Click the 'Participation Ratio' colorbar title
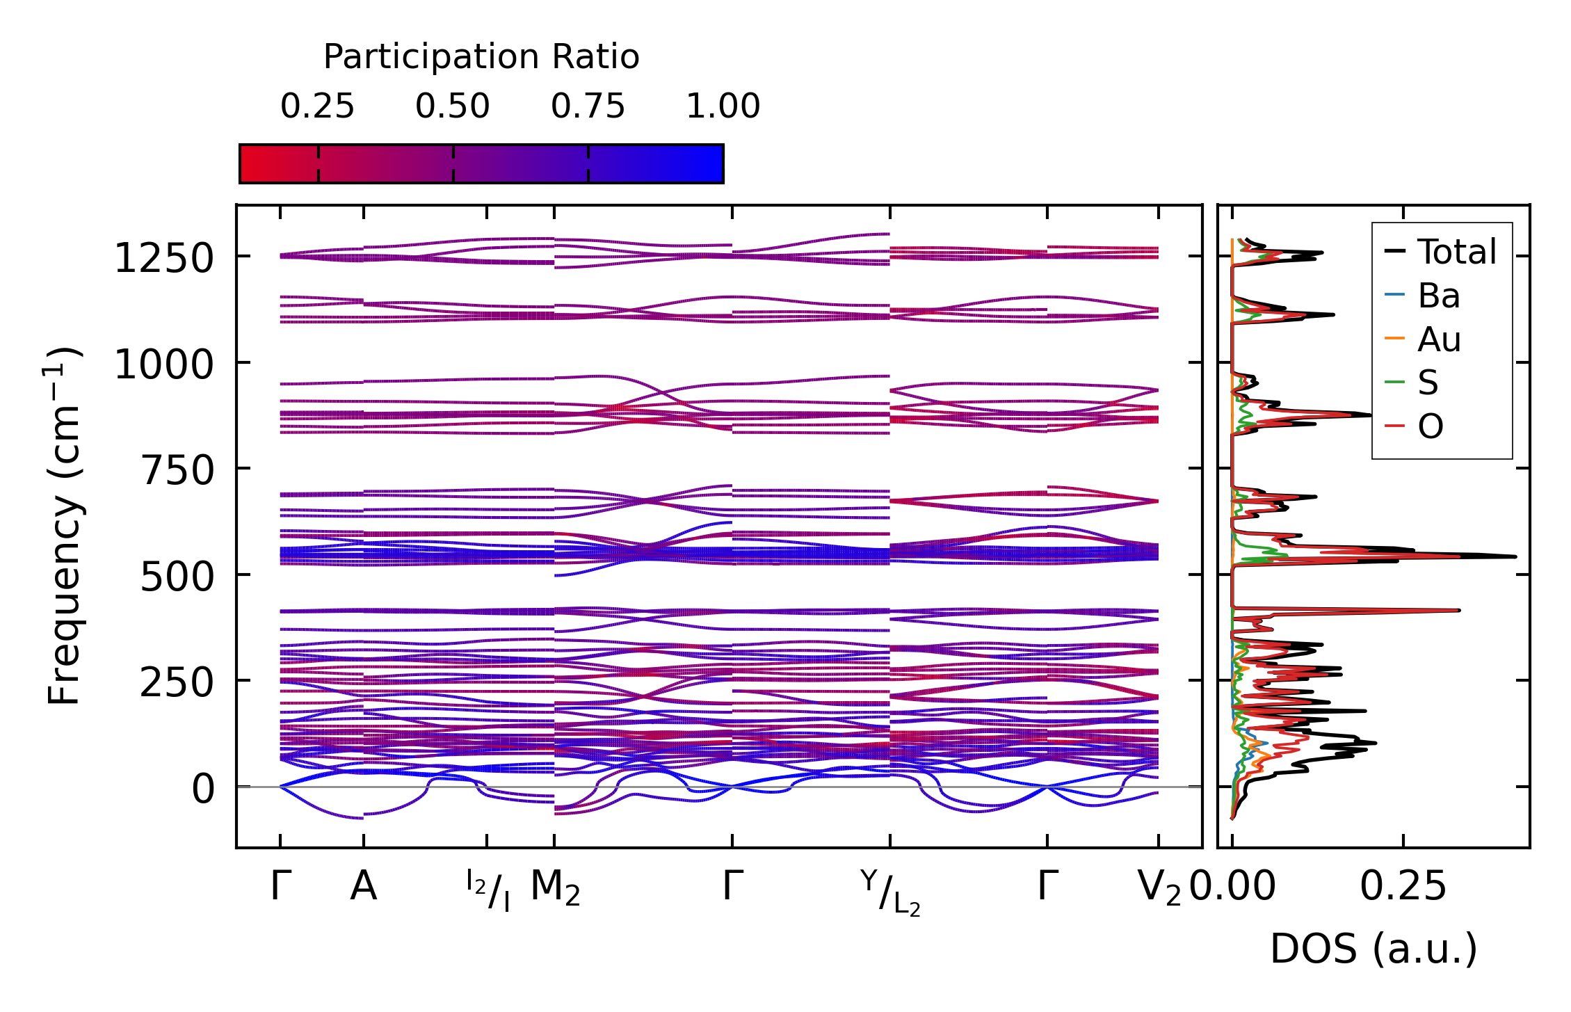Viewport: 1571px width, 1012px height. (481, 57)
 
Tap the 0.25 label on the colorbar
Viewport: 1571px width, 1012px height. (317, 106)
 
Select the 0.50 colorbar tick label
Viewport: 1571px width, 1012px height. (453, 106)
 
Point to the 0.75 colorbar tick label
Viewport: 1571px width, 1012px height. (588, 106)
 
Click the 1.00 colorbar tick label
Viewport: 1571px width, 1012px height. (723, 106)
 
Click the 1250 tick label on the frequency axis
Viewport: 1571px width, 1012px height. (163, 259)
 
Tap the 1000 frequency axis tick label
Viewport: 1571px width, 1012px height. (163, 365)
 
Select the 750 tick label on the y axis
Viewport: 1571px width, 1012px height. (177, 471)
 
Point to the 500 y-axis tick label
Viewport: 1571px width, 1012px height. (177, 577)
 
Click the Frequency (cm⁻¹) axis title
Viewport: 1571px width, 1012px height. (64, 526)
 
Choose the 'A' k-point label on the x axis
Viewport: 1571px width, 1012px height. (364, 887)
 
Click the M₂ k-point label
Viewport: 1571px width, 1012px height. (555, 889)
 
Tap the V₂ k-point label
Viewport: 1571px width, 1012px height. (1159, 889)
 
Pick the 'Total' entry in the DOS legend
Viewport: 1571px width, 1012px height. (1456, 252)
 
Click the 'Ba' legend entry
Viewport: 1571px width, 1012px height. (1438, 296)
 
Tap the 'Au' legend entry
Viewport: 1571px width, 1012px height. (1439, 339)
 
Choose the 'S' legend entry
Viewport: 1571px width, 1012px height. (1428, 383)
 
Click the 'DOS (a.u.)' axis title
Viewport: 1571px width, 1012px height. (1373, 949)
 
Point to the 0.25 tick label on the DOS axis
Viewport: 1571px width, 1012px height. (1403, 887)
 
